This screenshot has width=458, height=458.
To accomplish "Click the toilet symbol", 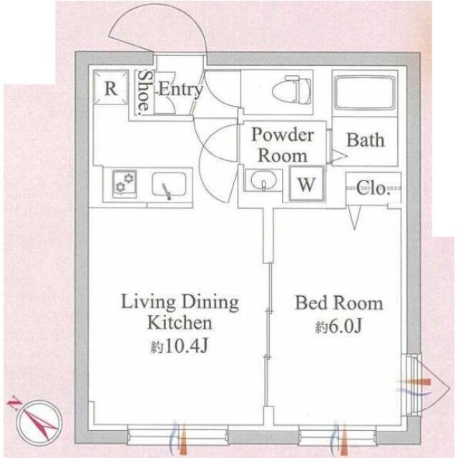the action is click(x=291, y=90).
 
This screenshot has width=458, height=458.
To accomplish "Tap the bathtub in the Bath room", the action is click(x=365, y=93).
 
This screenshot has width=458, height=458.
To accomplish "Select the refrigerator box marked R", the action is click(x=111, y=87).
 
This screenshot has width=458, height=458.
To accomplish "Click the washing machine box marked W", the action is click(x=307, y=184).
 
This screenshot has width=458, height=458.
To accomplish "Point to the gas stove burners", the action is click(x=125, y=183).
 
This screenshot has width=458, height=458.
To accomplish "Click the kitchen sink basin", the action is click(x=169, y=185).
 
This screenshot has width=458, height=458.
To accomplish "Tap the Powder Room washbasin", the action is click(x=263, y=180).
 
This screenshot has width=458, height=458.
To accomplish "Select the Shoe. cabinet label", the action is click(x=145, y=92).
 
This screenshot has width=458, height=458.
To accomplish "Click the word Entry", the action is click(x=180, y=89).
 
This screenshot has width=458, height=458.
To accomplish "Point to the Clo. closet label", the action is click(x=374, y=188).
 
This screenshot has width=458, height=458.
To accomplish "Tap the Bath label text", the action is click(x=366, y=140).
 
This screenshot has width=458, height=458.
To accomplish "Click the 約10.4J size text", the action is click(x=179, y=346).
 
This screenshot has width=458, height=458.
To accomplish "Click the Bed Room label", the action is click(x=338, y=303).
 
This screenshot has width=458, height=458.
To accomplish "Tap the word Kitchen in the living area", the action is click(x=180, y=323).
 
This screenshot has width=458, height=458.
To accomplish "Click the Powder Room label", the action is click(x=283, y=145).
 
